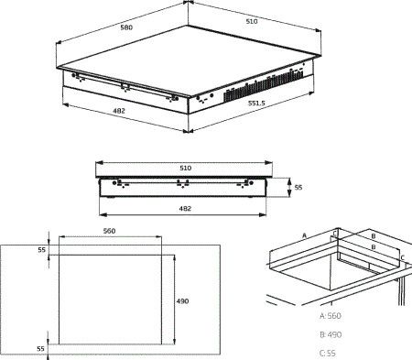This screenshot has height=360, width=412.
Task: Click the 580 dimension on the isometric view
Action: click(x=126, y=27)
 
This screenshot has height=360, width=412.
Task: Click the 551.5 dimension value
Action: click(x=256, y=104)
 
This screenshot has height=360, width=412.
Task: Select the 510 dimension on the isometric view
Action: click(x=252, y=21)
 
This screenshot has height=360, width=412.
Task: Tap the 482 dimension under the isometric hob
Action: click(x=119, y=111)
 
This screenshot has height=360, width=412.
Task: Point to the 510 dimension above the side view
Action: click(x=186, y=168)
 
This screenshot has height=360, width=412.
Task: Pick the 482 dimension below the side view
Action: click(x=185, y=209)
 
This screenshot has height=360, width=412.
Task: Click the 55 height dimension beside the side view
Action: click(x=298, y=187)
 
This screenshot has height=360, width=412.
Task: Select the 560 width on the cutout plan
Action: click(x=109, y=231)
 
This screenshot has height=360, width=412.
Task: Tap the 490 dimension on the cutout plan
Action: click(x=182, y=301)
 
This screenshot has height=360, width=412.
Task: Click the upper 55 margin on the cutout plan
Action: click(x=41, y=250)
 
